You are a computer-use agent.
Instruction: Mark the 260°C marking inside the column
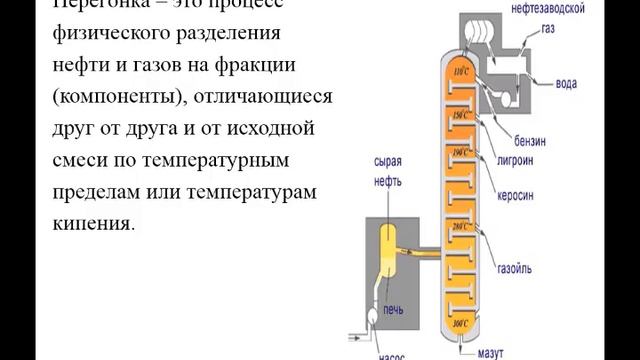tap(461, 228)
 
